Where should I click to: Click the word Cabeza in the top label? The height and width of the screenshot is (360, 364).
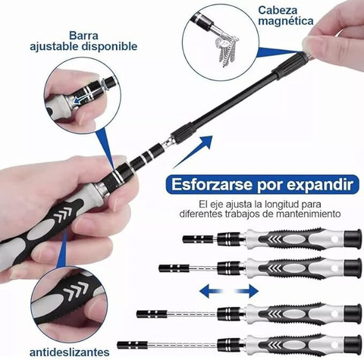pos(278,11)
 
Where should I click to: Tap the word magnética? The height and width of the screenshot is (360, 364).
pos(285,21)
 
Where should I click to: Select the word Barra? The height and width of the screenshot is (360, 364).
pos(83,36)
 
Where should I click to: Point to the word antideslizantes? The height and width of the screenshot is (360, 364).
pos(69,352)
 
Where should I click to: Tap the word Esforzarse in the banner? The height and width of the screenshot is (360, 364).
pos(212,184)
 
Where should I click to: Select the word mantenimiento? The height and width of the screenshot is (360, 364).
pos(308,214)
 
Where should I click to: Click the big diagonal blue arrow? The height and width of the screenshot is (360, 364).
pos(193,152)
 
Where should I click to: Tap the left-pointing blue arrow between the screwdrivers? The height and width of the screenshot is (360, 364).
pos(212,291)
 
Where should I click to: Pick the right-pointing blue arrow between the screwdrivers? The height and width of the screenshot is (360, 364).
pos(246,291)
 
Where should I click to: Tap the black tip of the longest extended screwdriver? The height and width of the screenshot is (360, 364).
pos(132,345)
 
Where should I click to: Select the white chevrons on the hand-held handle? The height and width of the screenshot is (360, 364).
pos(61,214)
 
